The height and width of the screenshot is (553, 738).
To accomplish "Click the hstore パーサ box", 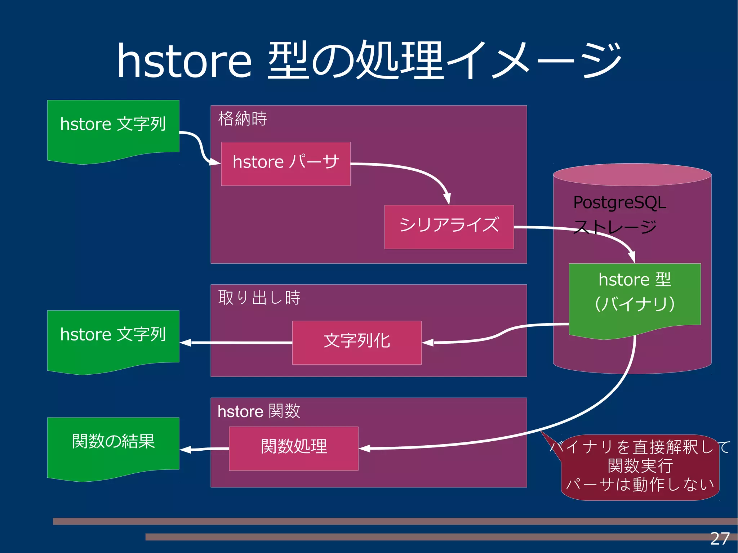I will (x=285, y=164).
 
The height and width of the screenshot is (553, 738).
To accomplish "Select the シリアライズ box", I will (x=449, y=227).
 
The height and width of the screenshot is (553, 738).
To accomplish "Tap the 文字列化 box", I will (x=356, y=342).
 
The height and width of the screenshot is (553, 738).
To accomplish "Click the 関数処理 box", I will (x=293, y=448).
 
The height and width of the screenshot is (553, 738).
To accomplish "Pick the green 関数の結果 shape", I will (x=113, y=447).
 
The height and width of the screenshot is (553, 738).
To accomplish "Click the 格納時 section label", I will (x=243, y=119).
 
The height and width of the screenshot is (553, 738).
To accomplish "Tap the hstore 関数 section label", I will (x=259, y=411).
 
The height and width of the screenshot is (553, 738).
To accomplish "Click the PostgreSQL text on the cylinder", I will (x=619, y=202).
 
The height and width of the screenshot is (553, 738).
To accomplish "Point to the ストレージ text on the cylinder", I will (x=615, y=227).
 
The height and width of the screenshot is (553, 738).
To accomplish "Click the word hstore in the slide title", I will (x=184, y=61).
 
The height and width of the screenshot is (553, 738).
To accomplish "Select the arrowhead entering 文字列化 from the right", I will (x=428, y=343).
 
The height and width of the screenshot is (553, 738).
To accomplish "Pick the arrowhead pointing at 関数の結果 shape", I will (x=185, y=449).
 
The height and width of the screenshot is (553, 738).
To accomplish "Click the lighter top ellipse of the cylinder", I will (x=632, y=175).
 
